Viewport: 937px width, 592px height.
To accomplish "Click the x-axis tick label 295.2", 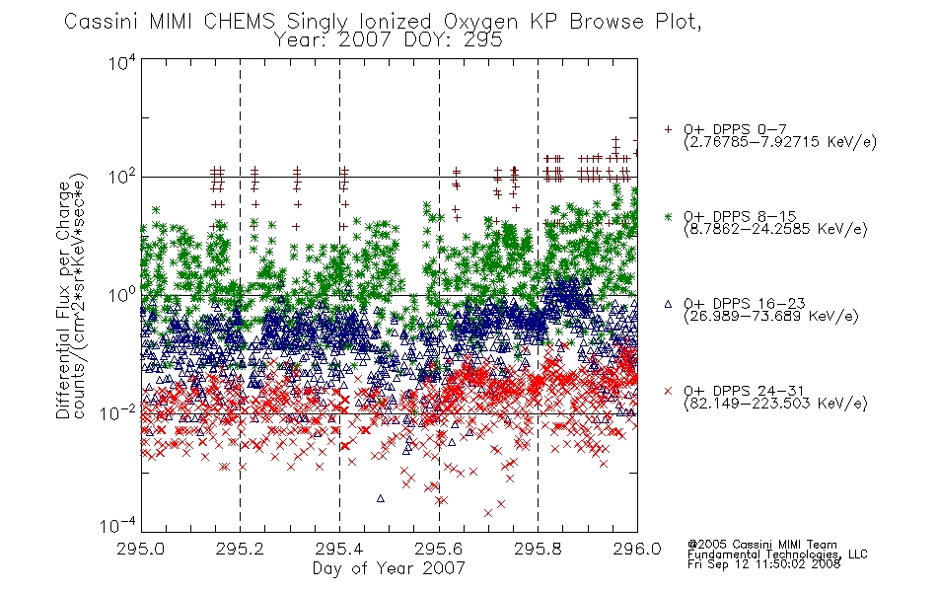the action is coord(241,549).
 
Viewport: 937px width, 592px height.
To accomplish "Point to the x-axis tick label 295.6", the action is coord(439,549).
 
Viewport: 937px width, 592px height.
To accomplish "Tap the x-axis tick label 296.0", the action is coord(637,549).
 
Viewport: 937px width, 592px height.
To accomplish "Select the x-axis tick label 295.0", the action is coord(141,549).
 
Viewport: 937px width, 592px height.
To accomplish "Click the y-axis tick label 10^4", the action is coord(122,62).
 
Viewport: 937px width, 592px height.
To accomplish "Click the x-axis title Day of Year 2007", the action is coord(389,568).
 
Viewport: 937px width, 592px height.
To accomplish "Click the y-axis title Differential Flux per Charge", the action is coord(64,300).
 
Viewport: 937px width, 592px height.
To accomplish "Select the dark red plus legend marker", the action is coord(668,129).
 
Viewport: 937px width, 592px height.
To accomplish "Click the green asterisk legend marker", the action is coord(668,216).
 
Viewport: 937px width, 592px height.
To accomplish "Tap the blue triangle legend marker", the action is coord(668,304).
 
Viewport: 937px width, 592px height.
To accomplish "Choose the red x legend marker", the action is coord(668,391).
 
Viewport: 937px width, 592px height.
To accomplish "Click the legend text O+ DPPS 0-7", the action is coord(735,129).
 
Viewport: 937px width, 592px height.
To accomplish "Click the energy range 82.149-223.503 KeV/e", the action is coord(775,404).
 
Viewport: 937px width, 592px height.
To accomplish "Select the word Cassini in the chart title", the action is coord(101,22).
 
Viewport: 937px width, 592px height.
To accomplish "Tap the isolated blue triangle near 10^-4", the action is coord(381,498).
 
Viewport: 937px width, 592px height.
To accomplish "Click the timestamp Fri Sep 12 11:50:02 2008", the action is coord(763,564).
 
